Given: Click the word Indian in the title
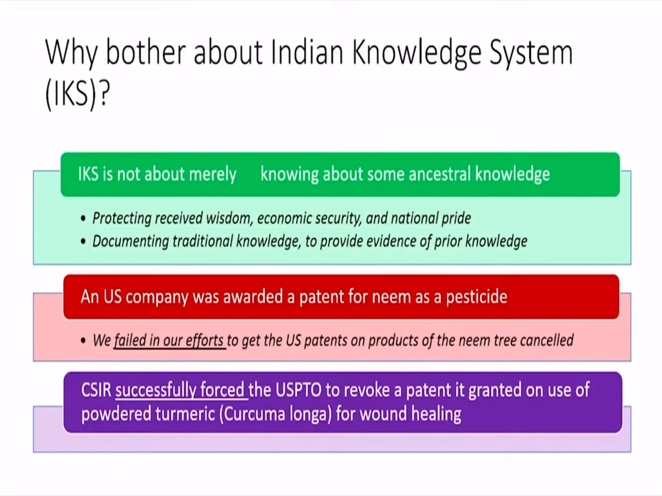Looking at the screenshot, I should tap(307, 52).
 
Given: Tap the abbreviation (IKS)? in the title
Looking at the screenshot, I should tap(78, 94).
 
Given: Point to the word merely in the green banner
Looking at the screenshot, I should tap(213, 174).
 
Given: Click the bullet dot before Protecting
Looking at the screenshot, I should tap(83, 219).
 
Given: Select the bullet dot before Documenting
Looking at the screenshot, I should tap(83, 242).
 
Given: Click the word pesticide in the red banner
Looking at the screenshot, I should tap(476, 297).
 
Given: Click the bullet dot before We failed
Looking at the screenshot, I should tap(83, 341).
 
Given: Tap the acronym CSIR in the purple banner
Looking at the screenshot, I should tap(96, 390).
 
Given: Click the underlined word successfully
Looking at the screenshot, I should tap(155, 390).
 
